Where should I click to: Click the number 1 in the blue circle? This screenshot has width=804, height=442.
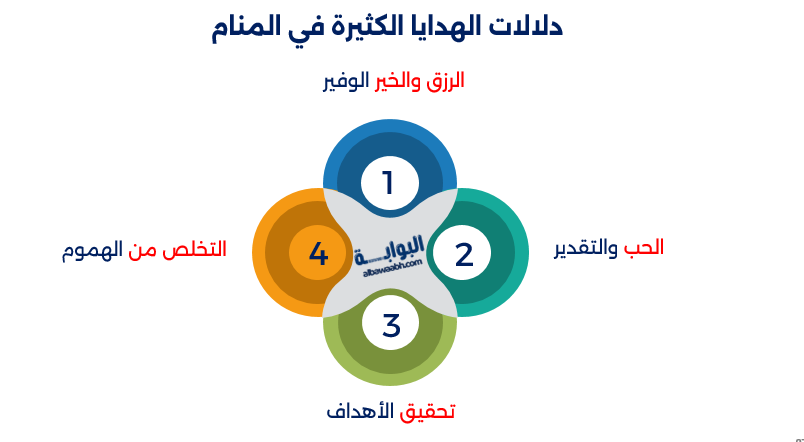389,183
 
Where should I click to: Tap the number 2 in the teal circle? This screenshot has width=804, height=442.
463,254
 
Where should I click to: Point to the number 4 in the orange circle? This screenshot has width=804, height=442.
318,254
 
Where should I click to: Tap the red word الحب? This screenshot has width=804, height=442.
644,246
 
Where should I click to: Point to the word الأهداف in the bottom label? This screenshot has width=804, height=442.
361,411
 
